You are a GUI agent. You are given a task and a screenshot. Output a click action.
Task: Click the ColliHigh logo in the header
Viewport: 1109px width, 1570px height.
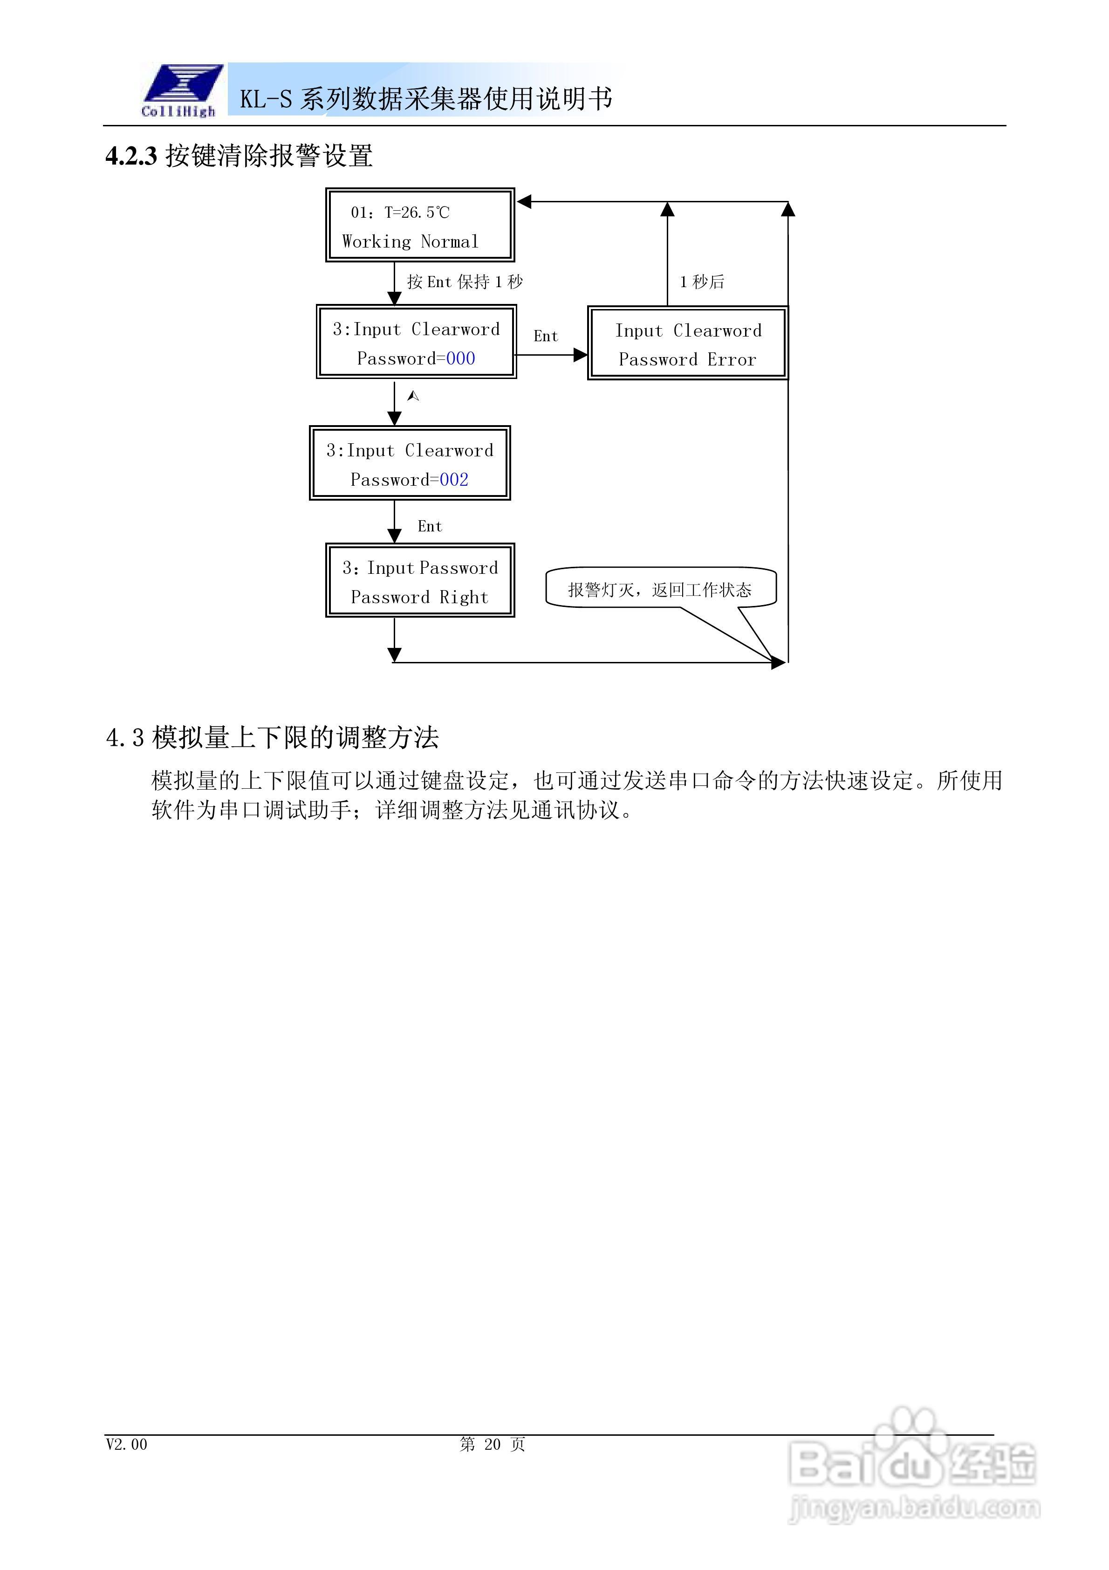coord(180,90)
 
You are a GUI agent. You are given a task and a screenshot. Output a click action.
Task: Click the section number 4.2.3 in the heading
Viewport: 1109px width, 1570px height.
coord(131,156)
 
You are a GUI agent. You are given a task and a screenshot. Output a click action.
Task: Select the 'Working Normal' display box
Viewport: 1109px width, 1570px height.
coord(420,225)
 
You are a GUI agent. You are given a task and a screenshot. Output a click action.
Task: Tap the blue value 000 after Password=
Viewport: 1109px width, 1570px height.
coord(460,358)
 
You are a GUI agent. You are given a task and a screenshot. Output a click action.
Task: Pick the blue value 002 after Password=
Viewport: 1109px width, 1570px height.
coord(454,479)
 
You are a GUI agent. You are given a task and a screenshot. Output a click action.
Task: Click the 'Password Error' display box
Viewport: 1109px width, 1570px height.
coord(687,343)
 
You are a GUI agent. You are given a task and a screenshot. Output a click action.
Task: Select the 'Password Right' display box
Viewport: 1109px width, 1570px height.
coord(420,580)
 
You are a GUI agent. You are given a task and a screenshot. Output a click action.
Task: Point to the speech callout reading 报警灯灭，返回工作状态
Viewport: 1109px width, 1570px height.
coord(660,589)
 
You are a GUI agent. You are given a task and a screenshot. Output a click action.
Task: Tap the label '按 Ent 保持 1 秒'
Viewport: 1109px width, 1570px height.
coord(465,282)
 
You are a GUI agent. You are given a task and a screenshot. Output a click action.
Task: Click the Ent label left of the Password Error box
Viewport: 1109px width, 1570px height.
coord(546,336)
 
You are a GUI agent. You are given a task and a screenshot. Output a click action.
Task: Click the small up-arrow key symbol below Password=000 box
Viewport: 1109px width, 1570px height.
coord(413,396)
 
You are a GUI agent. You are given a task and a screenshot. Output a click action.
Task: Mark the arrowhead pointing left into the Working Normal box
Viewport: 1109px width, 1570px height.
coord(524,202)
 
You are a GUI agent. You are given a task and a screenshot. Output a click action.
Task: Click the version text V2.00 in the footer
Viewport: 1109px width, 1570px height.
coord(126,1444)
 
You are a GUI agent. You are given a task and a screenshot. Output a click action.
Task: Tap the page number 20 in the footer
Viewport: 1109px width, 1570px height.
coord(492,1444)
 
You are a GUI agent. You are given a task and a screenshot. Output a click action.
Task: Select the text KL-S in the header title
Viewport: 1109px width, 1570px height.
coord(265,100)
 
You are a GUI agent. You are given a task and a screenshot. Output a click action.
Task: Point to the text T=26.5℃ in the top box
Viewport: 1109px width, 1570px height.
coord(417,213)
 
